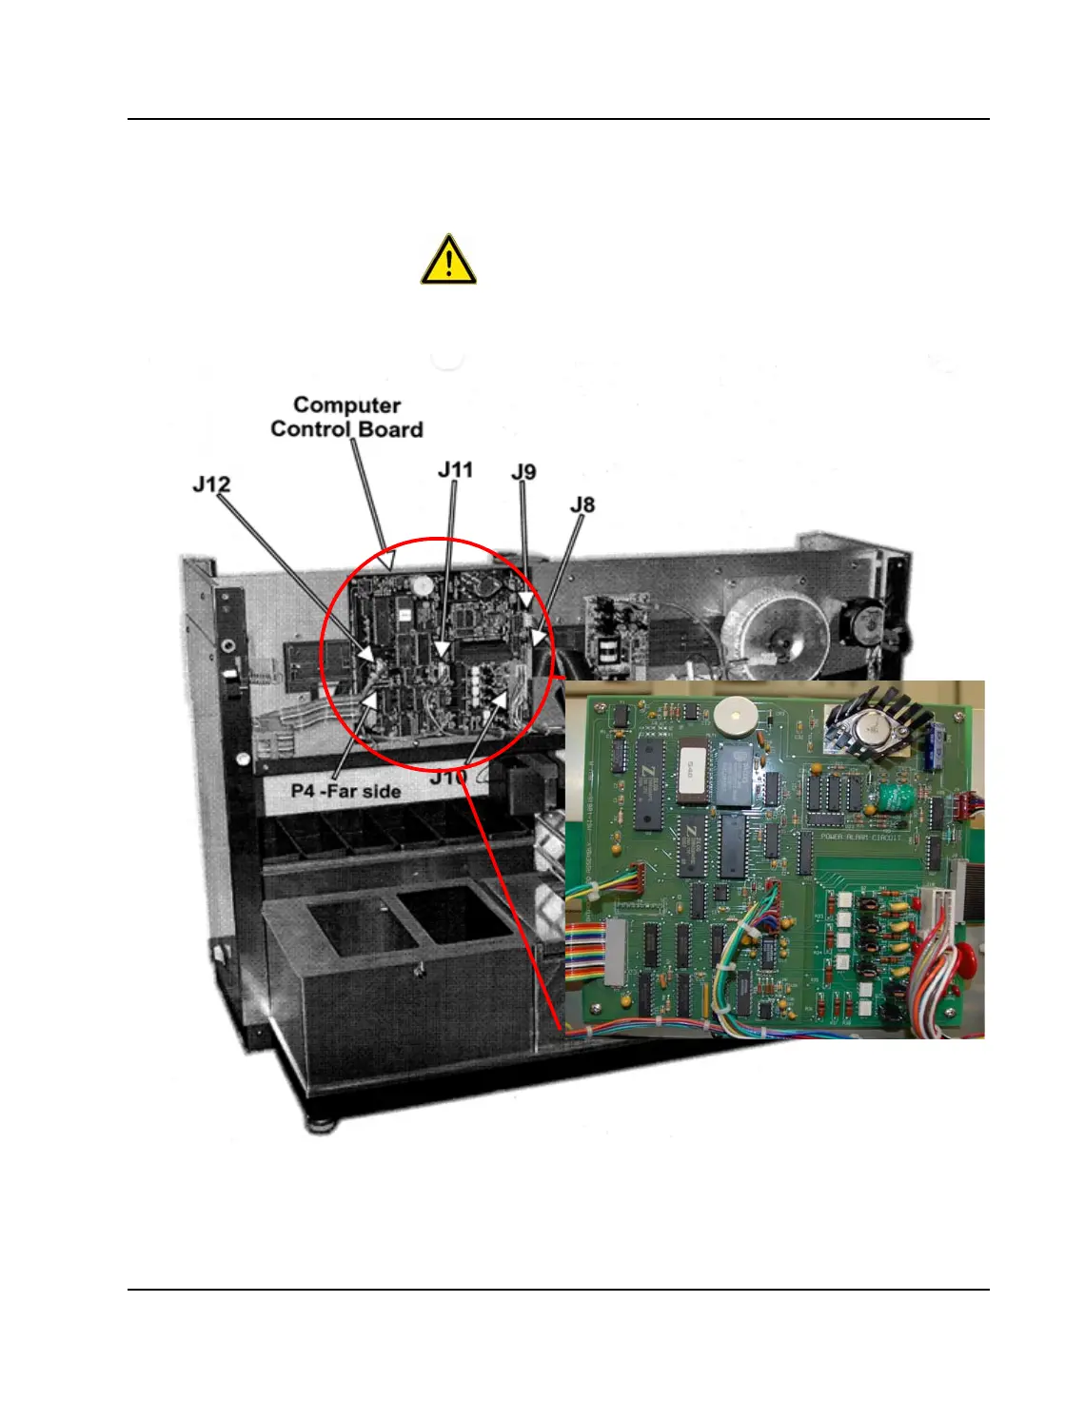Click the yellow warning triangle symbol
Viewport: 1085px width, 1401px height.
448,260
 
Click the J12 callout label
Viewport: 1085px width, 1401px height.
211,484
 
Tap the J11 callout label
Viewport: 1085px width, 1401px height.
455,470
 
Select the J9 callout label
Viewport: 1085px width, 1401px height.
523,472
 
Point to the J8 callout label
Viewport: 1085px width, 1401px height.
582,504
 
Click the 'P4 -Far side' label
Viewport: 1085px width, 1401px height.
345,791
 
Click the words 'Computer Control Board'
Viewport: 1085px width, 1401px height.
346,418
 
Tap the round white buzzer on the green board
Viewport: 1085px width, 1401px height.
734,715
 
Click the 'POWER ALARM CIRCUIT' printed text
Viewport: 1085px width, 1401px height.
861,838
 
